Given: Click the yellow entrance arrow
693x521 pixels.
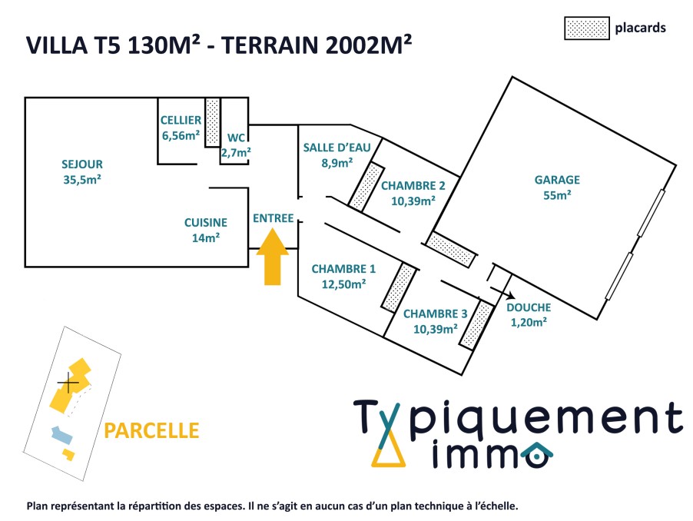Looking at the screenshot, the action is point(272,257).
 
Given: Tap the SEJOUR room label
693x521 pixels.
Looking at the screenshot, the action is point(82,164).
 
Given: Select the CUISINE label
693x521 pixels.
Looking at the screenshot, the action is point(206,223).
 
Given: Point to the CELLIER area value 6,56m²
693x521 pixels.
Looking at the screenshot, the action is point(181,135).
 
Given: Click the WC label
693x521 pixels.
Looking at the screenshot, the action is point(236,138).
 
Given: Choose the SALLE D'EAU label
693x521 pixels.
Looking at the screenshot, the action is point(337,148).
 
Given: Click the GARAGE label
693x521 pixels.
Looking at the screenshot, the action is point(557,180).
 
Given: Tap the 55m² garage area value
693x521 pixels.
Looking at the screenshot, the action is point(557,195).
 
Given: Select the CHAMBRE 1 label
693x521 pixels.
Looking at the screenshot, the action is point(343,269).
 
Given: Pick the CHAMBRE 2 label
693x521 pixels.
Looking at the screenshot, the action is point(413,186).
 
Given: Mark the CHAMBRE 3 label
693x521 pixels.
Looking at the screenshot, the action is point(436,314).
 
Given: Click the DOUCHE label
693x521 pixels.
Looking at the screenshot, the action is point(529,307).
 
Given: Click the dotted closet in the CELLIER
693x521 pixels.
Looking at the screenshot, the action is point(212,122).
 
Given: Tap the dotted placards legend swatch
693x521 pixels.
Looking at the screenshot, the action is point(586,28).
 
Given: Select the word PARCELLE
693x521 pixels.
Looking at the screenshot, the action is point(151,431).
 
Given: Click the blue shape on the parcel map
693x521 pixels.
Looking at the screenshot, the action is point(62,434).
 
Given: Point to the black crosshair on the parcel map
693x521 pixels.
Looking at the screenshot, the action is point(68,382).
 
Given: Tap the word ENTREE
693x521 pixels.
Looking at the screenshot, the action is point(274,218).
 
